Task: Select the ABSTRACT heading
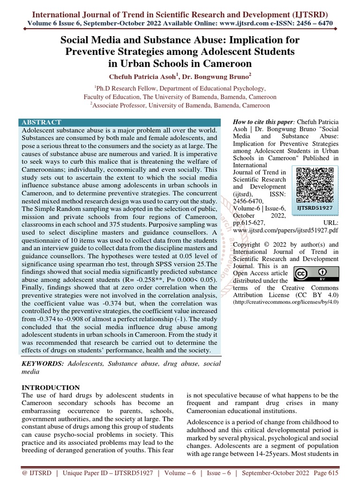pyautogui.click(x=42, y=122)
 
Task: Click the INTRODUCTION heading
pyautogui.click(x=52, y=388)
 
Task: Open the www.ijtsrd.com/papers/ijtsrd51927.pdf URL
pyautogui.click(x=285, y=231)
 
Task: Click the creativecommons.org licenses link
pyautogui.click(x=285, y=303)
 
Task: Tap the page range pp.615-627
pyautogui.click(x=251, y=223)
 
